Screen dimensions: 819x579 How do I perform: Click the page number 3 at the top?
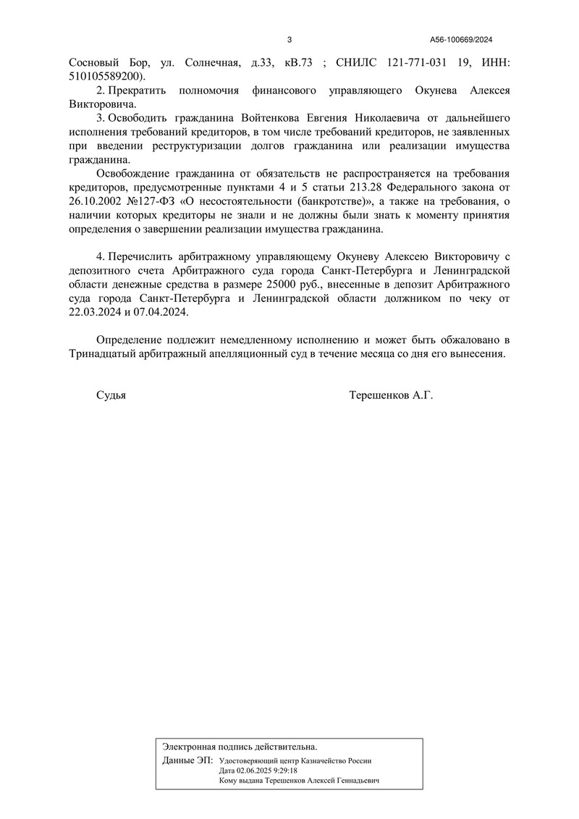(289, 40)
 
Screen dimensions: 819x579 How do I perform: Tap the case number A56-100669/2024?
(461, 40)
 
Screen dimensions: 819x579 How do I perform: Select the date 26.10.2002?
(97, 202)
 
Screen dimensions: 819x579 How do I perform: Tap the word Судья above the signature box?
(111, 395)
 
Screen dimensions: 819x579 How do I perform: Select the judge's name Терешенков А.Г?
(391, 395)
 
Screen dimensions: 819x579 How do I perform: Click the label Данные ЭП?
(188, 760)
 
